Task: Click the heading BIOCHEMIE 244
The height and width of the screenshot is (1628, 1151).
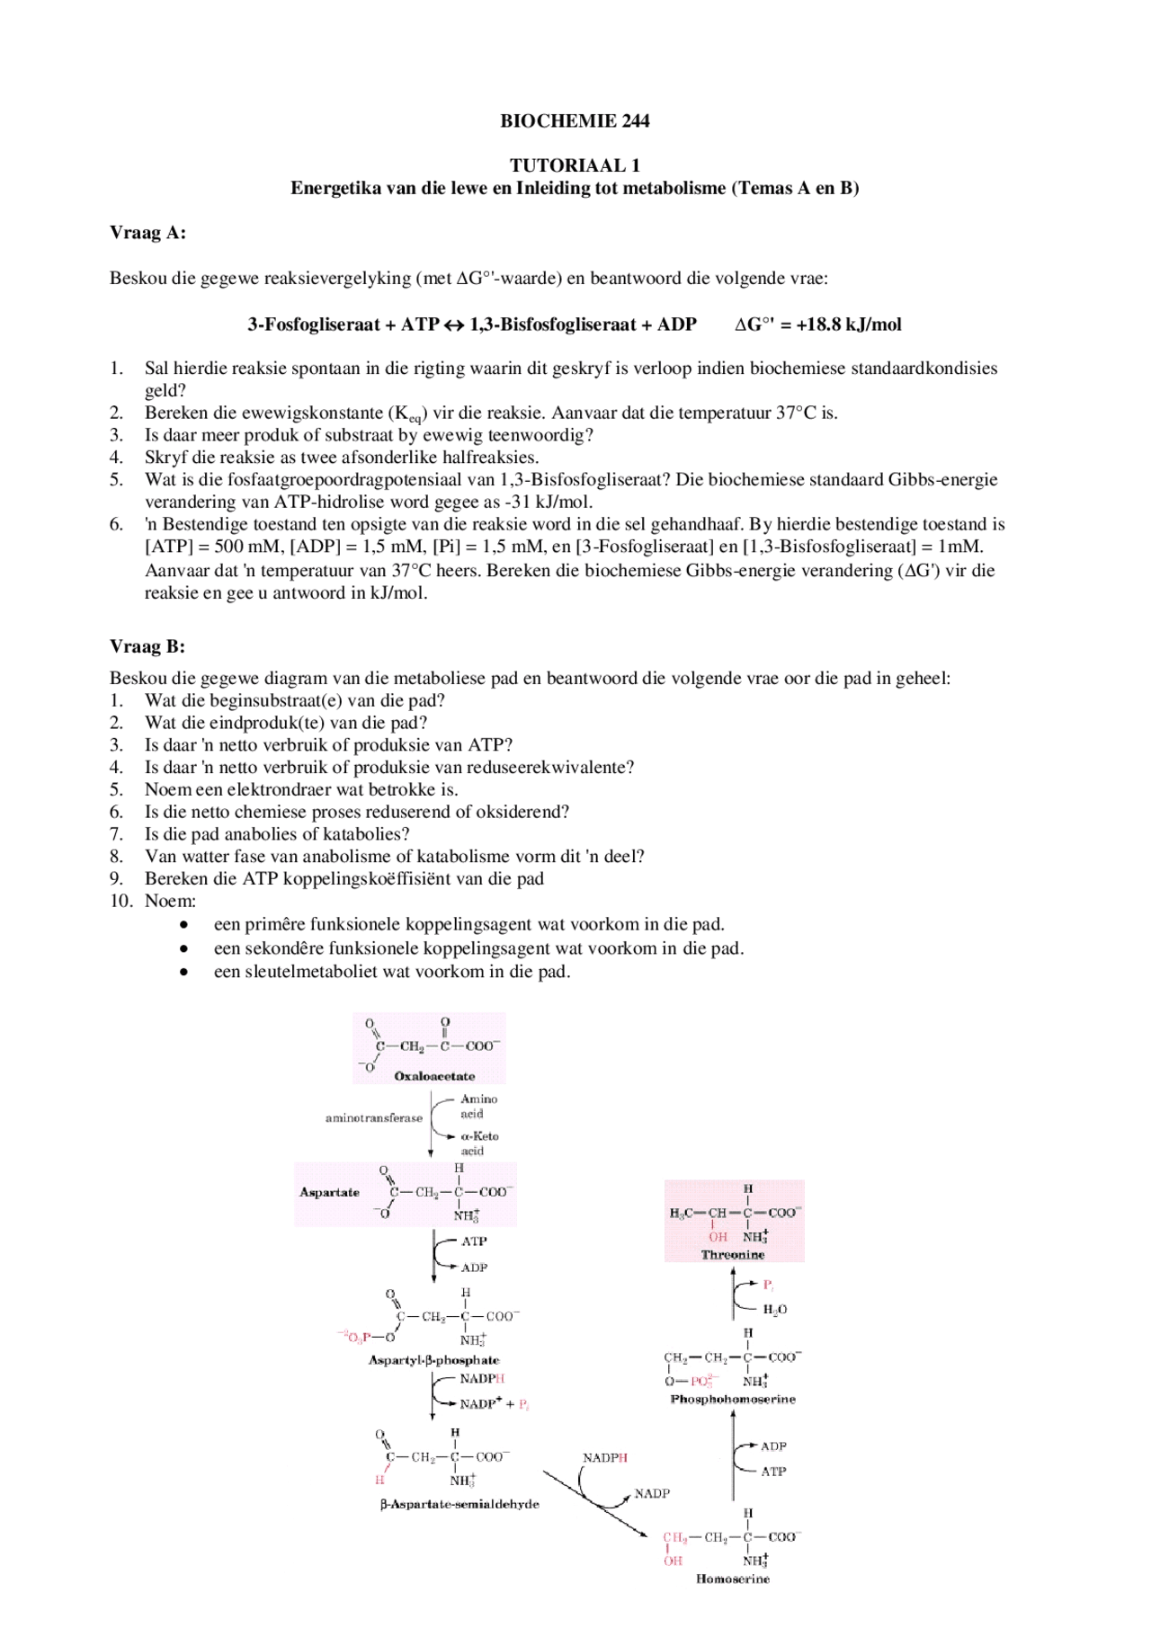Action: (575, 120)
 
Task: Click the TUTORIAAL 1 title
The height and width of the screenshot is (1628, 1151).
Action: (575, 165)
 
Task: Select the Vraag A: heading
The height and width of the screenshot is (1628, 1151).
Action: (147, 233)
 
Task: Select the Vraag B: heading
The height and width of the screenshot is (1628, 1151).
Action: (147, 646)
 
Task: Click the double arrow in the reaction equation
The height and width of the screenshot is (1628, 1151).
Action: (454, 325)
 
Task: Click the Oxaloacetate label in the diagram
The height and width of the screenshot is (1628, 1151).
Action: (434, 1076)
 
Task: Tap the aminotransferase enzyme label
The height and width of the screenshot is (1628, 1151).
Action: (373, 1118)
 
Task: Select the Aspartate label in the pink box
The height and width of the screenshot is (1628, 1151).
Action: (329, 1193)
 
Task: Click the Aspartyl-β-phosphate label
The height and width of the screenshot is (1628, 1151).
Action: (433, 1360)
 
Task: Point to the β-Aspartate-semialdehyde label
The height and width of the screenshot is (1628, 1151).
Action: (460, 1505)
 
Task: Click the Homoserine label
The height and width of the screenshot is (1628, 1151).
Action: (733, 1579)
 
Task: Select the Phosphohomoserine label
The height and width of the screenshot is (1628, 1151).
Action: (733, 1400)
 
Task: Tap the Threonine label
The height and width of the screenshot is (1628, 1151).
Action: (733, 1255)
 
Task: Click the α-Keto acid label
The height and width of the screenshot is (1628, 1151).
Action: (478, 1143)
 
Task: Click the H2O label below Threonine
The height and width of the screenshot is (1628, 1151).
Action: (774, 1310)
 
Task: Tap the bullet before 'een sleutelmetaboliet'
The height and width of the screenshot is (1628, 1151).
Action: (184, 972)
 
